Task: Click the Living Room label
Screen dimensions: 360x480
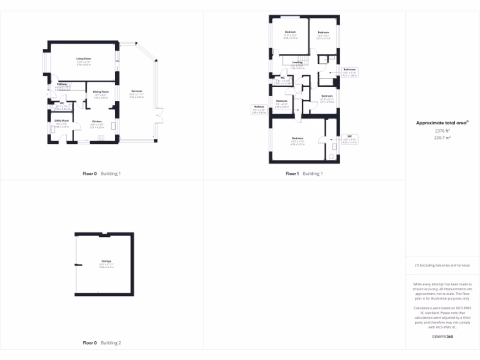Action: [83, 59]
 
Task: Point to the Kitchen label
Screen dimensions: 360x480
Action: [97, 121]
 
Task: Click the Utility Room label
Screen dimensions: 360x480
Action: [62, 121]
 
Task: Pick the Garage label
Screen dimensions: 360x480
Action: [106, 261]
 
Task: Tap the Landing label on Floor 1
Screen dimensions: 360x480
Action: [297, 62]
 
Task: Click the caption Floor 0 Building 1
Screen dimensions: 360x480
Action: [102, 173]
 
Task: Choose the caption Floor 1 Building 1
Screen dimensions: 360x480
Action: [304, 173]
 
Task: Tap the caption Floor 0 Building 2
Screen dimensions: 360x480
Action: [102, 343]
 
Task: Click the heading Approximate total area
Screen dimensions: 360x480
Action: [442, 123]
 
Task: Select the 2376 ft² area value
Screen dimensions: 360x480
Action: [442, 131]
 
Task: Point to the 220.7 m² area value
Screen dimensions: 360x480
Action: [442, 138]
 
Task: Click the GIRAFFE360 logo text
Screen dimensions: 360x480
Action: [442, 337]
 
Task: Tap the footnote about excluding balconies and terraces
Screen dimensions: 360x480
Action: [442, 265]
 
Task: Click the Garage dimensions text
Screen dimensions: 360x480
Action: [106, 266]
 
